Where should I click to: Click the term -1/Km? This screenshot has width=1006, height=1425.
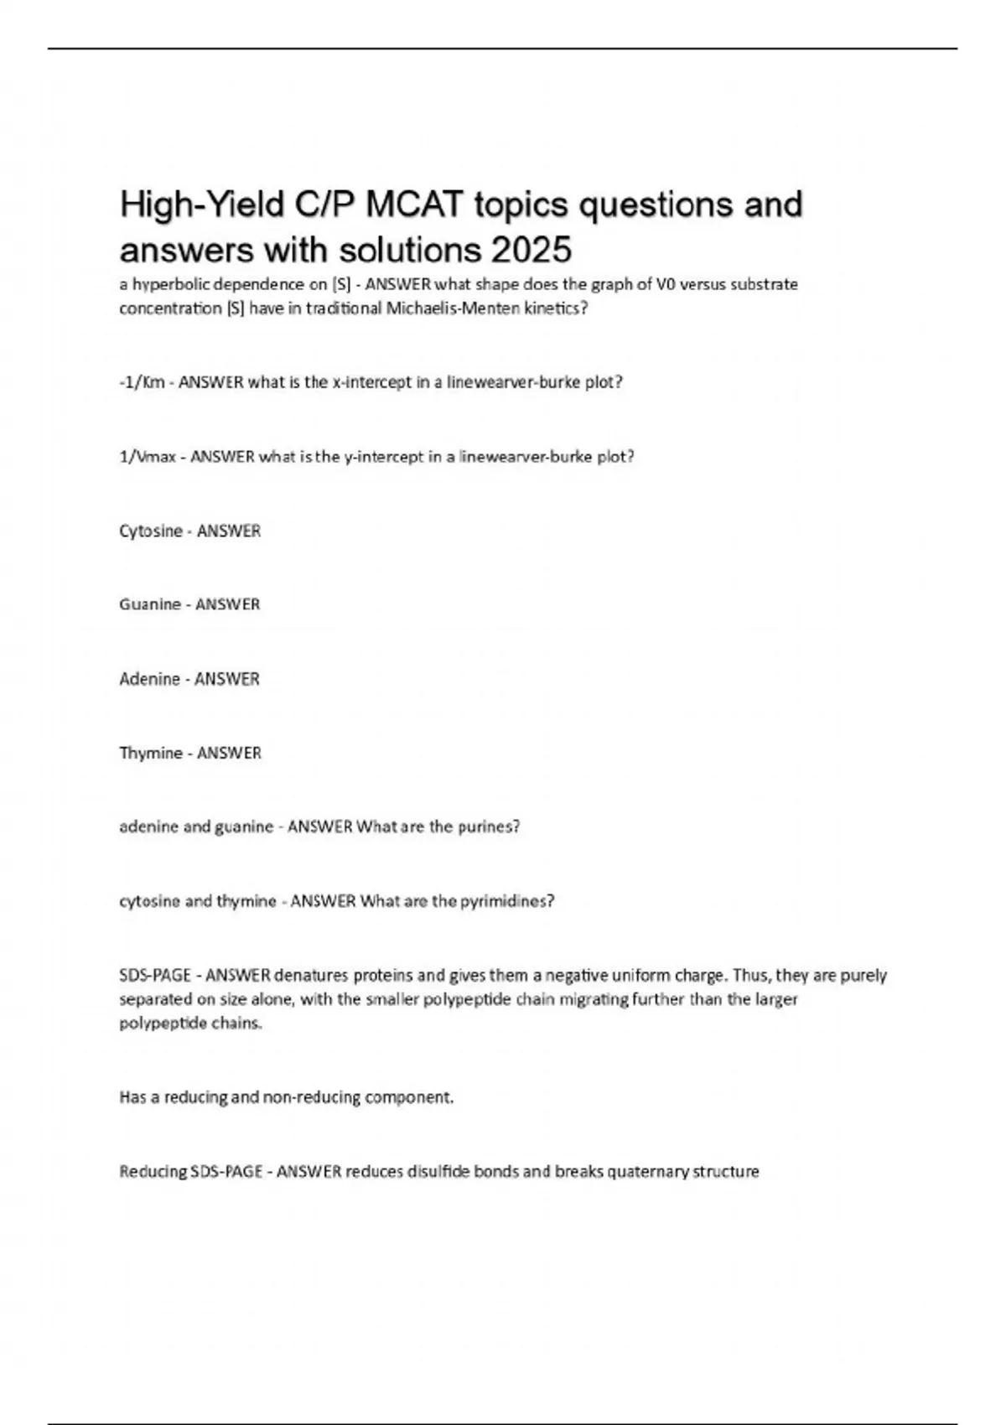click(142, 382)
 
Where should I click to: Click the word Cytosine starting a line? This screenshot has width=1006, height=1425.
click(151, 531)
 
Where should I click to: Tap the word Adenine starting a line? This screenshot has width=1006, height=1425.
click(149, 679)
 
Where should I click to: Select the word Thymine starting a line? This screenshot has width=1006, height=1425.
click(151, 753)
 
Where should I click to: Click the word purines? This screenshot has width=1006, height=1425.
click(489, 826)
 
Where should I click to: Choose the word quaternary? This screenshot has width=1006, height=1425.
click(649, 1172)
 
